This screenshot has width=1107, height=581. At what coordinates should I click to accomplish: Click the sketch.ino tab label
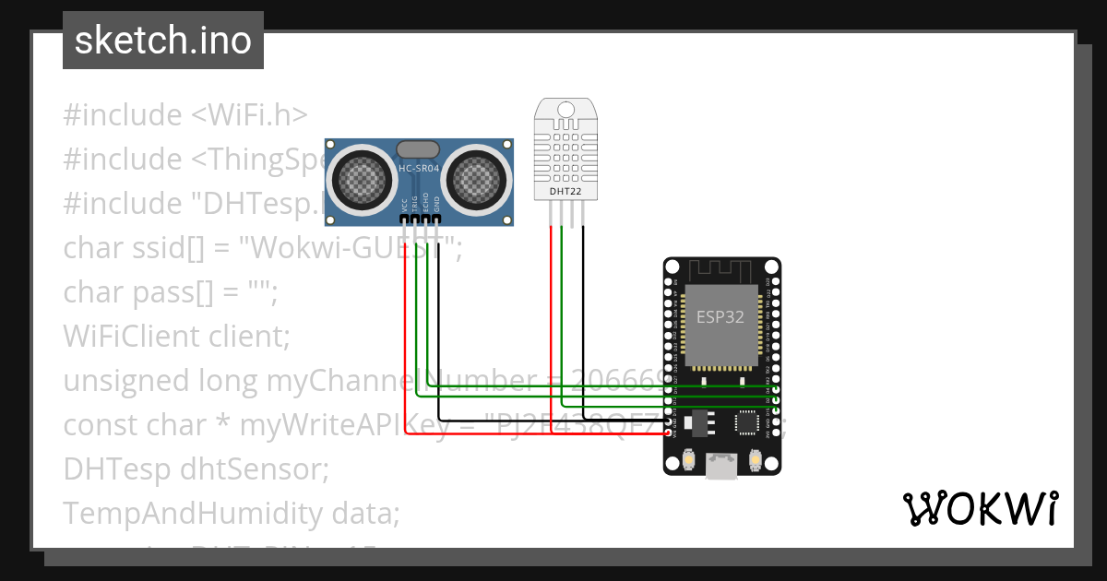coord(162,41)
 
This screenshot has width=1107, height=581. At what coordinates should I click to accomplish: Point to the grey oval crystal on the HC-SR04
coord(419,148)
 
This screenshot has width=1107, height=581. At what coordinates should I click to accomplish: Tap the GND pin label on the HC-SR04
coord(437,205)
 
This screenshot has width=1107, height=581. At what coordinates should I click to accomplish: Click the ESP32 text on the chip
coord(720,316)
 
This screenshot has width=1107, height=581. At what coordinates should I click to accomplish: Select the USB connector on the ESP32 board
coord(721,467)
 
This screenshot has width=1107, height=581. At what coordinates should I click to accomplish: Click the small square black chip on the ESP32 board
coord(745,422)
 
